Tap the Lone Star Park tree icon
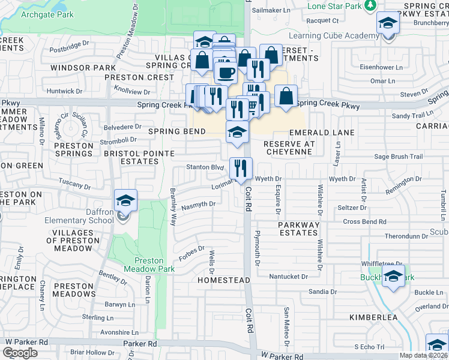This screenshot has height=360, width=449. pos(370,5)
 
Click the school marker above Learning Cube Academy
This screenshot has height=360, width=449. pos(388,25)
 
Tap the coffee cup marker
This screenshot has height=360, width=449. pos(226,73)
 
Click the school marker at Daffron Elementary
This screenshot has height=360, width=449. pos(126,202)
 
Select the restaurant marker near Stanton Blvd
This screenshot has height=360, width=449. pos(241,169)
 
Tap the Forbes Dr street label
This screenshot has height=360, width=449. pos(192,249)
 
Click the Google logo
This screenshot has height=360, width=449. pos(20,352)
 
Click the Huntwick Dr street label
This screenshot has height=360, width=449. pos(63,91)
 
